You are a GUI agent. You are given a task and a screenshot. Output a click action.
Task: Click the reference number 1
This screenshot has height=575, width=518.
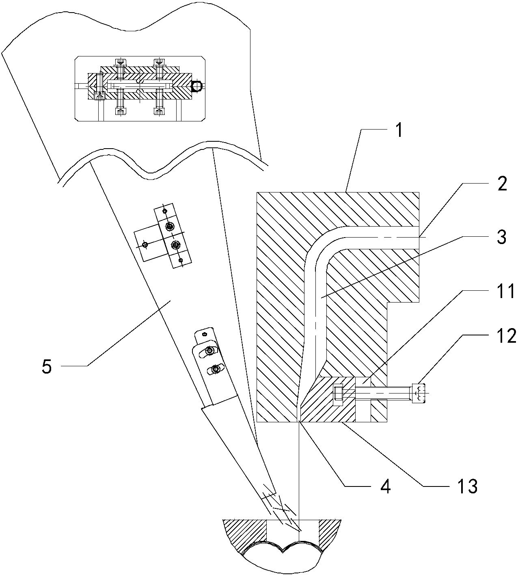(x=399, y=131)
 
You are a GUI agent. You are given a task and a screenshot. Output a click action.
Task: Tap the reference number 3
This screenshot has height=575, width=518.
(x=502, y=237)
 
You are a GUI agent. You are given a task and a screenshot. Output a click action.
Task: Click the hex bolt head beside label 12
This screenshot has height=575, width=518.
(x=419, y=393)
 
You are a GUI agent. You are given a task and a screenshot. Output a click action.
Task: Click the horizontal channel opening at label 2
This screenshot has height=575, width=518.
(x=419, y=238)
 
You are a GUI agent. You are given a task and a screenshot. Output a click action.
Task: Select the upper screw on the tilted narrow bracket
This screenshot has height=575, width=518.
(x=170, y=227)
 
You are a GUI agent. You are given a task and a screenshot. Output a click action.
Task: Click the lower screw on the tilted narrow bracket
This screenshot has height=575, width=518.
(x=175, y=245)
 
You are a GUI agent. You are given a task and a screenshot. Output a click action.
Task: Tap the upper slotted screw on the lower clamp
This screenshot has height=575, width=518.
(x=210, y=350)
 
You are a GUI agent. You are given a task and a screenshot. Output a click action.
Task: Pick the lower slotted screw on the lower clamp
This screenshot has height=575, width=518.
(x=215, y=370)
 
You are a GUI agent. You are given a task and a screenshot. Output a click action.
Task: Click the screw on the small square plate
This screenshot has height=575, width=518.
(x=145, y=244)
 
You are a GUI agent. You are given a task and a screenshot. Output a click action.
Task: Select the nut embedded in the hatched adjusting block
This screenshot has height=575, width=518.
(x=338, y=395)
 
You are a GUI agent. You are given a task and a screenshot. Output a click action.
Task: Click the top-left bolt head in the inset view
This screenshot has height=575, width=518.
(x=120, y=62)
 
